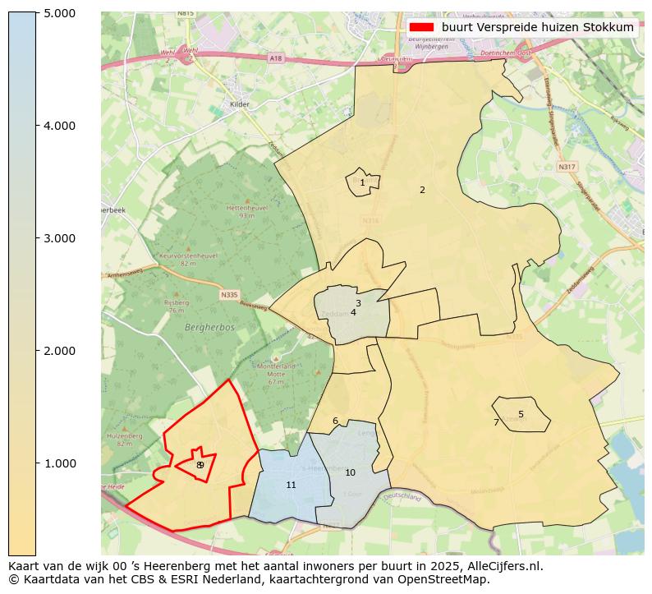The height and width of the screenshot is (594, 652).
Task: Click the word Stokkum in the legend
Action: click(x=608, y=27)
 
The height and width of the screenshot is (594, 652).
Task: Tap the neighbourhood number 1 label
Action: click(x=362, y=182)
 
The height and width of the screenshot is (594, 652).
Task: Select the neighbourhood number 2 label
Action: click(x=422, y=190)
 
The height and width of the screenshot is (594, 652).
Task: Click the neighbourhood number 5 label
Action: click(x=521, y=414)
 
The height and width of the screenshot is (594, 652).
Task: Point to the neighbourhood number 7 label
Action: click(x=496, y=422)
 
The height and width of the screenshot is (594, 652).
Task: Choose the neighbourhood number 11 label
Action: click(x=291, y=485)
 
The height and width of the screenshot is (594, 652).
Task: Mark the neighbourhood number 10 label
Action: click(x=350, y=472)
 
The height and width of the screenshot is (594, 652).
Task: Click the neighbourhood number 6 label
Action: click(x=335, y=421)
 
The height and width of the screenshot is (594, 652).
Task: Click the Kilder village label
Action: click(x=240, y=104)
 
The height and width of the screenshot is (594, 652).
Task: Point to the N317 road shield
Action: click(x=567, y=167)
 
